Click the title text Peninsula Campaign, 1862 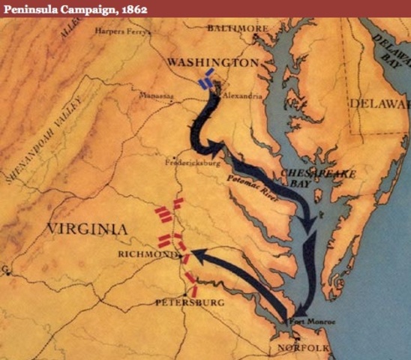tap(73, 8)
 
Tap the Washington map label tap(213, 61)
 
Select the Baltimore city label tap(237, 28)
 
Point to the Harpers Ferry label tap(123, 31)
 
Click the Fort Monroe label tap(314, 321)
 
